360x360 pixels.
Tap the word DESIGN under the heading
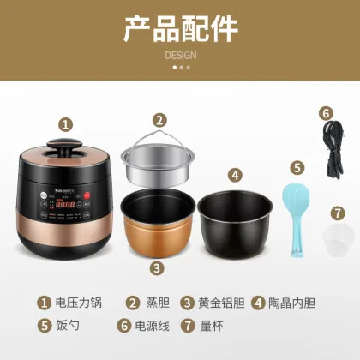click(180, 55)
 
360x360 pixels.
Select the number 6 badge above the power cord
click(326, 111)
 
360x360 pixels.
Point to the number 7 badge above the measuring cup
click(337, 212)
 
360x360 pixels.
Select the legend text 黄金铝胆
click(219, 303)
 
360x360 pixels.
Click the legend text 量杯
click(212, 326)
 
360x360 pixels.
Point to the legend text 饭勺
click(69, 326)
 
